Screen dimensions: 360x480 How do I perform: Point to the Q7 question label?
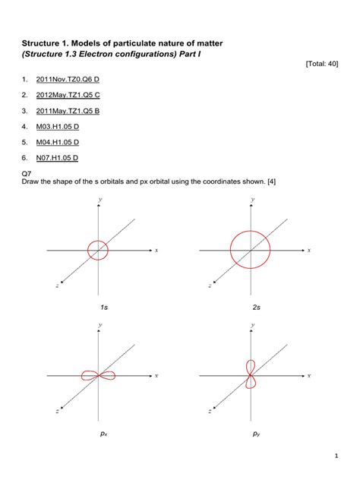(27, 174)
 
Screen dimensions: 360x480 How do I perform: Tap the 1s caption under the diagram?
(102, 307)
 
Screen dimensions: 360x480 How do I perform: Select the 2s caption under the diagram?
(256, 307)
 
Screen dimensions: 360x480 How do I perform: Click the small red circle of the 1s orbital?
(98, 249)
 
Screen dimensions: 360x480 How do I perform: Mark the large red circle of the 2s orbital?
(251, 249)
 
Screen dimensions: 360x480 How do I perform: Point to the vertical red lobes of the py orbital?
(251, 374)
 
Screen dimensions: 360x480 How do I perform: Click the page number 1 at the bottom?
(335, 456)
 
